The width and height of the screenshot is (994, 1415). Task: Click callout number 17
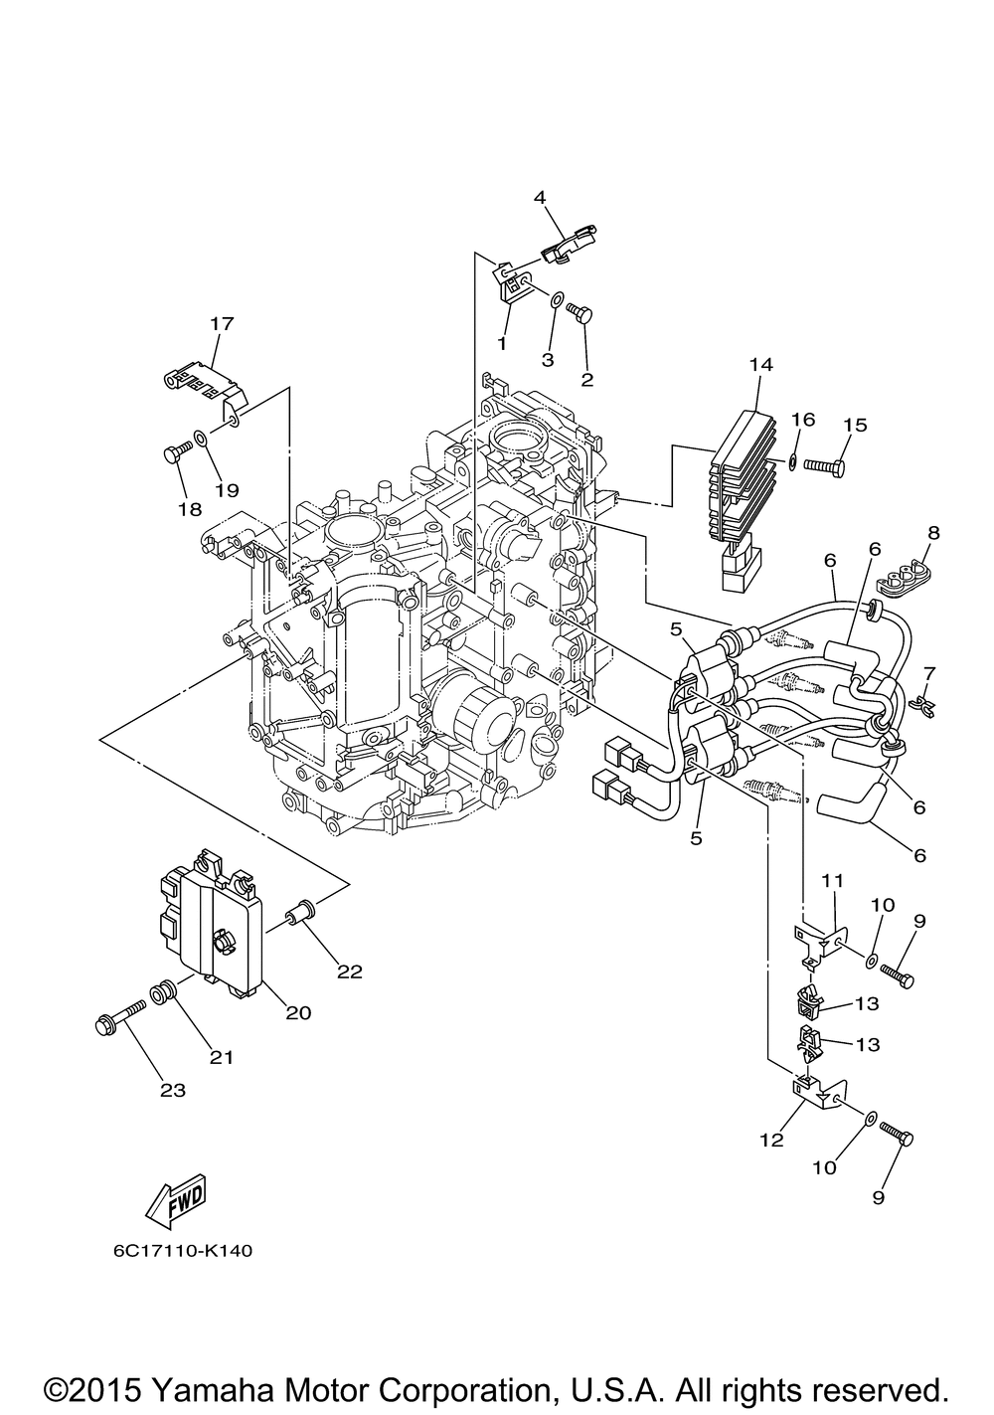coord(222,323)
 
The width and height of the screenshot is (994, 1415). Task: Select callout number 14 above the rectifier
coord(761,365)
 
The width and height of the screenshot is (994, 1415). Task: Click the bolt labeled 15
coord(824,466)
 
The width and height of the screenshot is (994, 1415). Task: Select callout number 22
coord(349,972)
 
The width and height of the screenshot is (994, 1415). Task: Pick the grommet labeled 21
coord(162,994)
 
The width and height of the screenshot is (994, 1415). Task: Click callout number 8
coord(934,533)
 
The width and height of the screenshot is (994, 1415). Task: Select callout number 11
coord(832,879)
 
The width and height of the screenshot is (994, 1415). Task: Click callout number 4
coord(540,197)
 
